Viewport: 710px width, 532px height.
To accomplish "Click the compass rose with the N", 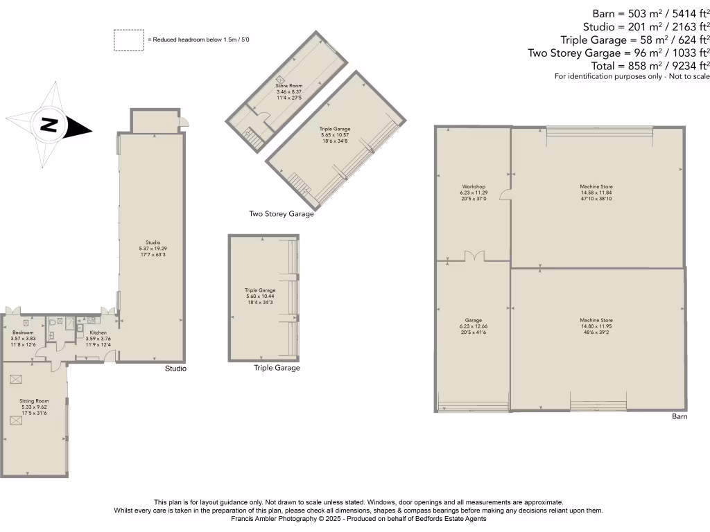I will (48, 125).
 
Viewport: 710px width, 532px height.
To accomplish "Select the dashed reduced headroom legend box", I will (129, 40).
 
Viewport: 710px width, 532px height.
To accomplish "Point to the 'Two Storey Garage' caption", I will (282, 214).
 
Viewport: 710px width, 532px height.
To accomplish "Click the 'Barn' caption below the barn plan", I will (679, 417).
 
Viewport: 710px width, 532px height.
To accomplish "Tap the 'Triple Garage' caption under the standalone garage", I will (277, 368).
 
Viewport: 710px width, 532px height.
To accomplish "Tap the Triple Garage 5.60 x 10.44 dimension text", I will (260, 296).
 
